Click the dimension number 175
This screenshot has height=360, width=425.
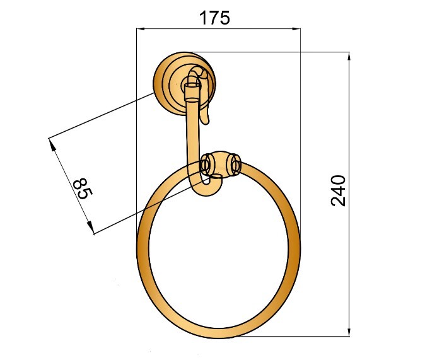pos(214,18)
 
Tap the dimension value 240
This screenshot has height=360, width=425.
pos(338,191)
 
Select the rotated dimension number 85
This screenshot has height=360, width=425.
pos(83,189)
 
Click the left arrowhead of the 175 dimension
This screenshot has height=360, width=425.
pos(141,28)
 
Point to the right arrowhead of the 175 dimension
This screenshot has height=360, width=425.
pos(296,28)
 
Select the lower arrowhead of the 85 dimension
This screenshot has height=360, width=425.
pos(90,227)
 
